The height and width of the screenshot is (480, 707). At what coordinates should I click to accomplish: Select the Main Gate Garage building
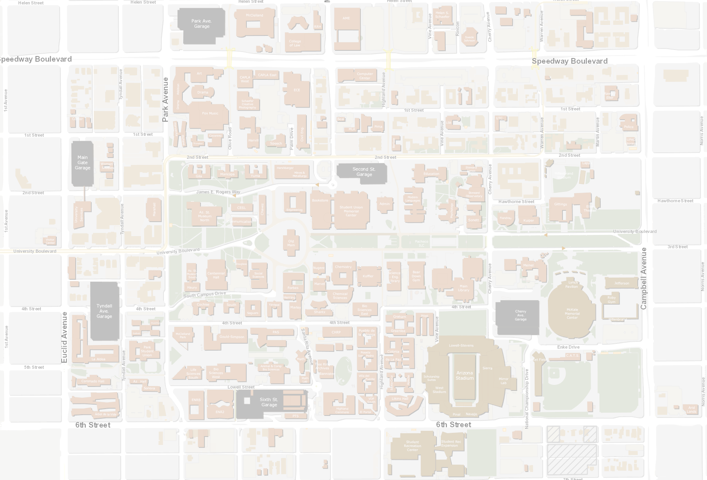(x=83, y=163)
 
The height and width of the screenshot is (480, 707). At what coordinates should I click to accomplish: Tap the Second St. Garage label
(x=364, y=172)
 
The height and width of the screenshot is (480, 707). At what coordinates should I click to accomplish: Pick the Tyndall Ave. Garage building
(x=104, y=311)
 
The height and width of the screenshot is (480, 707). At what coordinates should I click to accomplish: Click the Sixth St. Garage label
(x=269, y=402)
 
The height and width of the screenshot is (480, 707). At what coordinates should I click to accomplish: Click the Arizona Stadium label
(x=465, y=376)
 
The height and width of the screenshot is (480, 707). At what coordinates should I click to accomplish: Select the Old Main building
(x=291, y=243)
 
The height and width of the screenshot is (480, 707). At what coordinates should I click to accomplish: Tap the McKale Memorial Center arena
(x=572, y=314)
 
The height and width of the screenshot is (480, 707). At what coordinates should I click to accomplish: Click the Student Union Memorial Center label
(x=351, y=211)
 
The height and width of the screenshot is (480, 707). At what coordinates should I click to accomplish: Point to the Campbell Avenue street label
(x=643, y=278)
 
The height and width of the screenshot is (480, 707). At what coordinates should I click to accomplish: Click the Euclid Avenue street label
(x=64, y=337)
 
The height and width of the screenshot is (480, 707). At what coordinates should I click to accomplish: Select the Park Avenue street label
(x=165, y=100)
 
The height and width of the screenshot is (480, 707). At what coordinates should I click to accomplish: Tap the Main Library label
(x=463, y=288)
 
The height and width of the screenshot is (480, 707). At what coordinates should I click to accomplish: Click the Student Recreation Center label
(x=412, y=446)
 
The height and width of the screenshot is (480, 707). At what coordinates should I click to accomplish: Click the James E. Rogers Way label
(x=218, y=192)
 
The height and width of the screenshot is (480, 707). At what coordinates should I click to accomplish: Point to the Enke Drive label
(x=568, y=347)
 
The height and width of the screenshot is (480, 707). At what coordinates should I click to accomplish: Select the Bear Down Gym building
(x=416, y=276)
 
